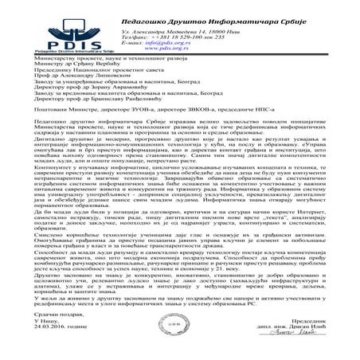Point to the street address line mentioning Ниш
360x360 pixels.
163,28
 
